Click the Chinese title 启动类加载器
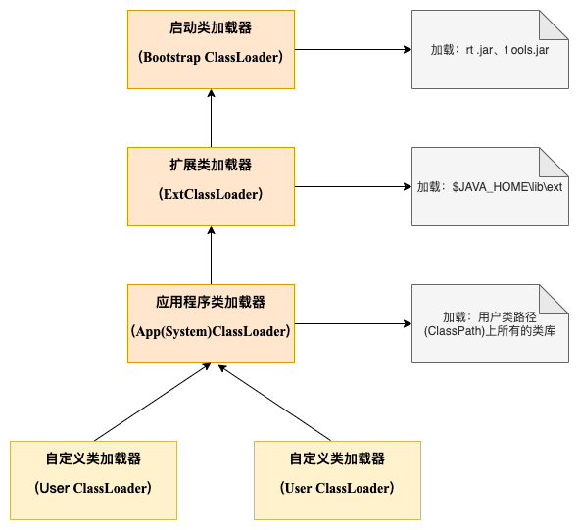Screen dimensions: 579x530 (211, 27)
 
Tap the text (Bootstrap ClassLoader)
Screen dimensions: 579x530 (211, 57)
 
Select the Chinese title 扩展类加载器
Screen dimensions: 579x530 (211, 165)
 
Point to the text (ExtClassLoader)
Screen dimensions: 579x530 (211, 194)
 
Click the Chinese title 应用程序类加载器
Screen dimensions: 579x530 (211, 302)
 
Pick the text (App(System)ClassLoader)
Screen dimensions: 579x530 (211, 331)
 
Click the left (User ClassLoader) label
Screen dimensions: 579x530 (93, 488)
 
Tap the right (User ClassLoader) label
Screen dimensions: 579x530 (337, 488)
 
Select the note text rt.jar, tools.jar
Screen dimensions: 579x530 (507, 50)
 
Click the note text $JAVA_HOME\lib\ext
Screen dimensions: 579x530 (507, 187)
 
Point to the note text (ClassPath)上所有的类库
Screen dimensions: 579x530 (490, 331)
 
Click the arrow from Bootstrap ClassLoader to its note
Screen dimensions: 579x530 (353, 50)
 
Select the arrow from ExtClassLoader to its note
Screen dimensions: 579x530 (353, 186)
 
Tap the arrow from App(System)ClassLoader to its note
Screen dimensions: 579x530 (353, 324)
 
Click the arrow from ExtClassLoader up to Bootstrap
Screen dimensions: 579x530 (211, 119)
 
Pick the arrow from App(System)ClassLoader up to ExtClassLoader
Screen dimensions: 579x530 (211, 256)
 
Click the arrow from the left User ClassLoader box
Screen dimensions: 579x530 (152, 403)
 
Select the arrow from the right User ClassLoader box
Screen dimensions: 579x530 (274, 403)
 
